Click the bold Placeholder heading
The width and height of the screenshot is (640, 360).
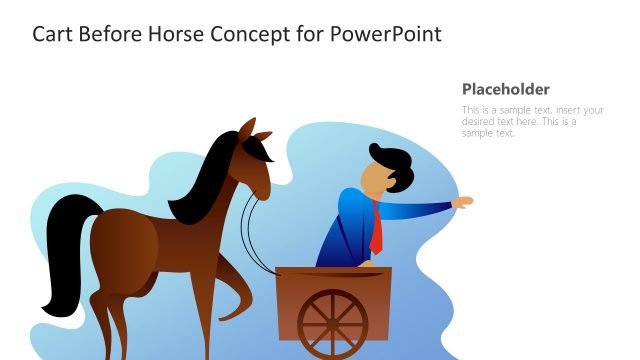pyautogui.click(x=506, y=89)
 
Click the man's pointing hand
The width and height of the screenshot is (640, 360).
pyautogui.click(x=462, y=202)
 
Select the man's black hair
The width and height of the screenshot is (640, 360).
pyautogui.click(x=392, y=166)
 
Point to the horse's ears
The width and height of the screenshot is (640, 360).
pyautogui.click(x=254, y=129)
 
